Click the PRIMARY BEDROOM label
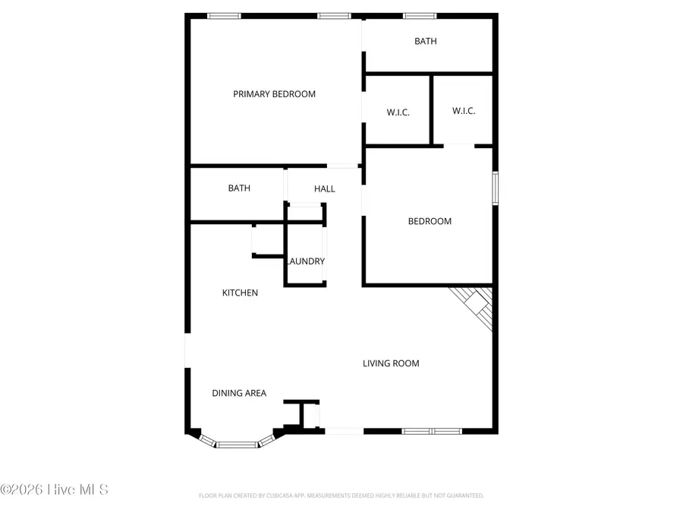(274, 94)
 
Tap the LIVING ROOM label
(391, 363)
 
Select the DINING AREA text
(239, 393)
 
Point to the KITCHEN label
(240, 293)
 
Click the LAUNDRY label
(306, 261)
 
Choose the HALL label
(324, 188)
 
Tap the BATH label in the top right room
(426, 41)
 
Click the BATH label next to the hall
(239, 188)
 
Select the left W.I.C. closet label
(398, 112)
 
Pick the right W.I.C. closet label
(464, 111)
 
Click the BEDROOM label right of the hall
(430, 221)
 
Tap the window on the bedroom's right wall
(495, 188)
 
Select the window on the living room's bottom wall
(431, 431)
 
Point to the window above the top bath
(420, 15)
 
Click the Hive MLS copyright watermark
(55, 489)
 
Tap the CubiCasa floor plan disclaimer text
(341, 496)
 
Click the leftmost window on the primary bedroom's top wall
(224, 15)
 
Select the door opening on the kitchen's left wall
(187, 350)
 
